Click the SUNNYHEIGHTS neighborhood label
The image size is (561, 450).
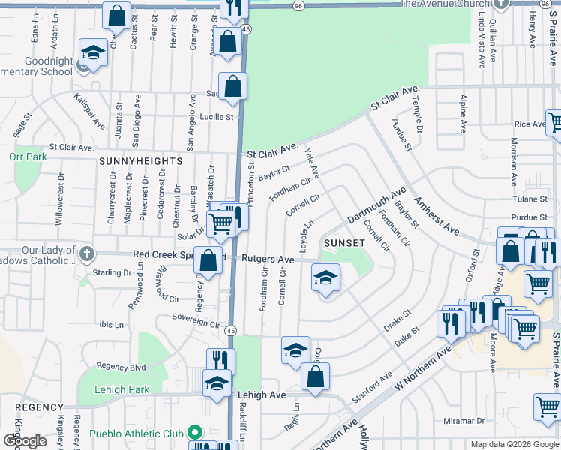click(x=140, y=161)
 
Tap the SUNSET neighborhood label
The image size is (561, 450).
click(x=344, y=243)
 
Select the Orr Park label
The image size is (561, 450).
click(x=28, y=157)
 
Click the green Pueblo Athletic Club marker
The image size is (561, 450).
click(x=195, y=433)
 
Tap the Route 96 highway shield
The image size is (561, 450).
click(x=298, y=5)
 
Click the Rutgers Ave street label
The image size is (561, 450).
click(x=268, y=259)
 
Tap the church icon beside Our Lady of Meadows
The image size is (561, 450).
click(x=87, y=253)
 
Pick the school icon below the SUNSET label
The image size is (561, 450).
click(x=325, y=279)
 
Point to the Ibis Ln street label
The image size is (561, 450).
click(x=111, y=325)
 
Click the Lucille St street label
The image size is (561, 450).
click(x=217, y=117)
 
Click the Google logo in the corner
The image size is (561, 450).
click(x=25, y=441)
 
